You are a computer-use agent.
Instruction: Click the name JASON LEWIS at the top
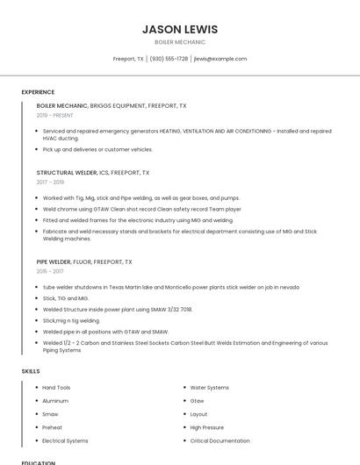tap(179, 29)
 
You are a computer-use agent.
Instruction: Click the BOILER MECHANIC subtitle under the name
tap(179, 42)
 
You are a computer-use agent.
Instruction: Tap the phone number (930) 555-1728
tap(169, 59)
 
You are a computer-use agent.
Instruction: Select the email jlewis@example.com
tap(220, 59)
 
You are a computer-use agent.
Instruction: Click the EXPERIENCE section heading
tap(38, 92)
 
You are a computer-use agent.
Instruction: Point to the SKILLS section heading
tap(30, 371)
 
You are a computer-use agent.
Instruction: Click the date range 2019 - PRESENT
tap(55, 115)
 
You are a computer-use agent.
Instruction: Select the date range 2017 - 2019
tap(50, 182)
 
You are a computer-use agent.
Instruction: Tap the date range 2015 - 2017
tap(50, 271)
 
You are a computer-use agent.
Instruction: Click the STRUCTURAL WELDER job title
tap(67, 173)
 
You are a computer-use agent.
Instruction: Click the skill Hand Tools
tap(56, 387)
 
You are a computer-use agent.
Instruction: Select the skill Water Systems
tap(209, 387)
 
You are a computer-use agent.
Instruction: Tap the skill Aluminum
tap(55, 400)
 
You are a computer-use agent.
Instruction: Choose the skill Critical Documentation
tap(220, 440)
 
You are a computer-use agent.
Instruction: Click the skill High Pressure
tap(207, 427)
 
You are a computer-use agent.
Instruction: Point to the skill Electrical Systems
tap(65, 440)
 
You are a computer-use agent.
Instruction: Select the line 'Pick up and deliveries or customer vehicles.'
tap(97, 149)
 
